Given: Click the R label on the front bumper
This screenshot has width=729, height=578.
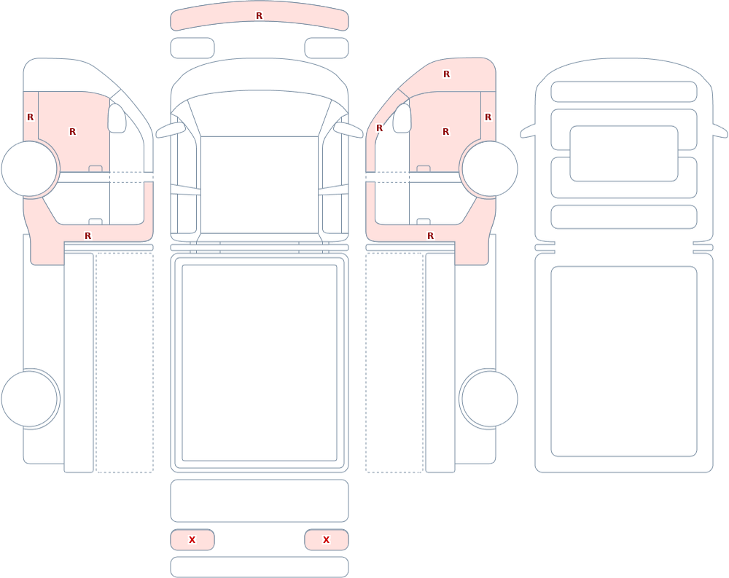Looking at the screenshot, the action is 259,16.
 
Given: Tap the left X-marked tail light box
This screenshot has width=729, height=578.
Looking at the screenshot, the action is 192,540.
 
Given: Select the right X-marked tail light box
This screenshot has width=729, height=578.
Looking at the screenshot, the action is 327,540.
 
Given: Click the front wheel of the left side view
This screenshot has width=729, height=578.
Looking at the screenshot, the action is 29,169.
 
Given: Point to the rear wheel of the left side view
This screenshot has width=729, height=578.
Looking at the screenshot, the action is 29,399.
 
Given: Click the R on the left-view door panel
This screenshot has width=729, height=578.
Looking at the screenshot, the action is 72,132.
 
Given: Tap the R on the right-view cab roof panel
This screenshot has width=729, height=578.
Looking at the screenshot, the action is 446,74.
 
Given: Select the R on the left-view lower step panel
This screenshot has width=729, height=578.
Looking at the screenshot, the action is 88,236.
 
